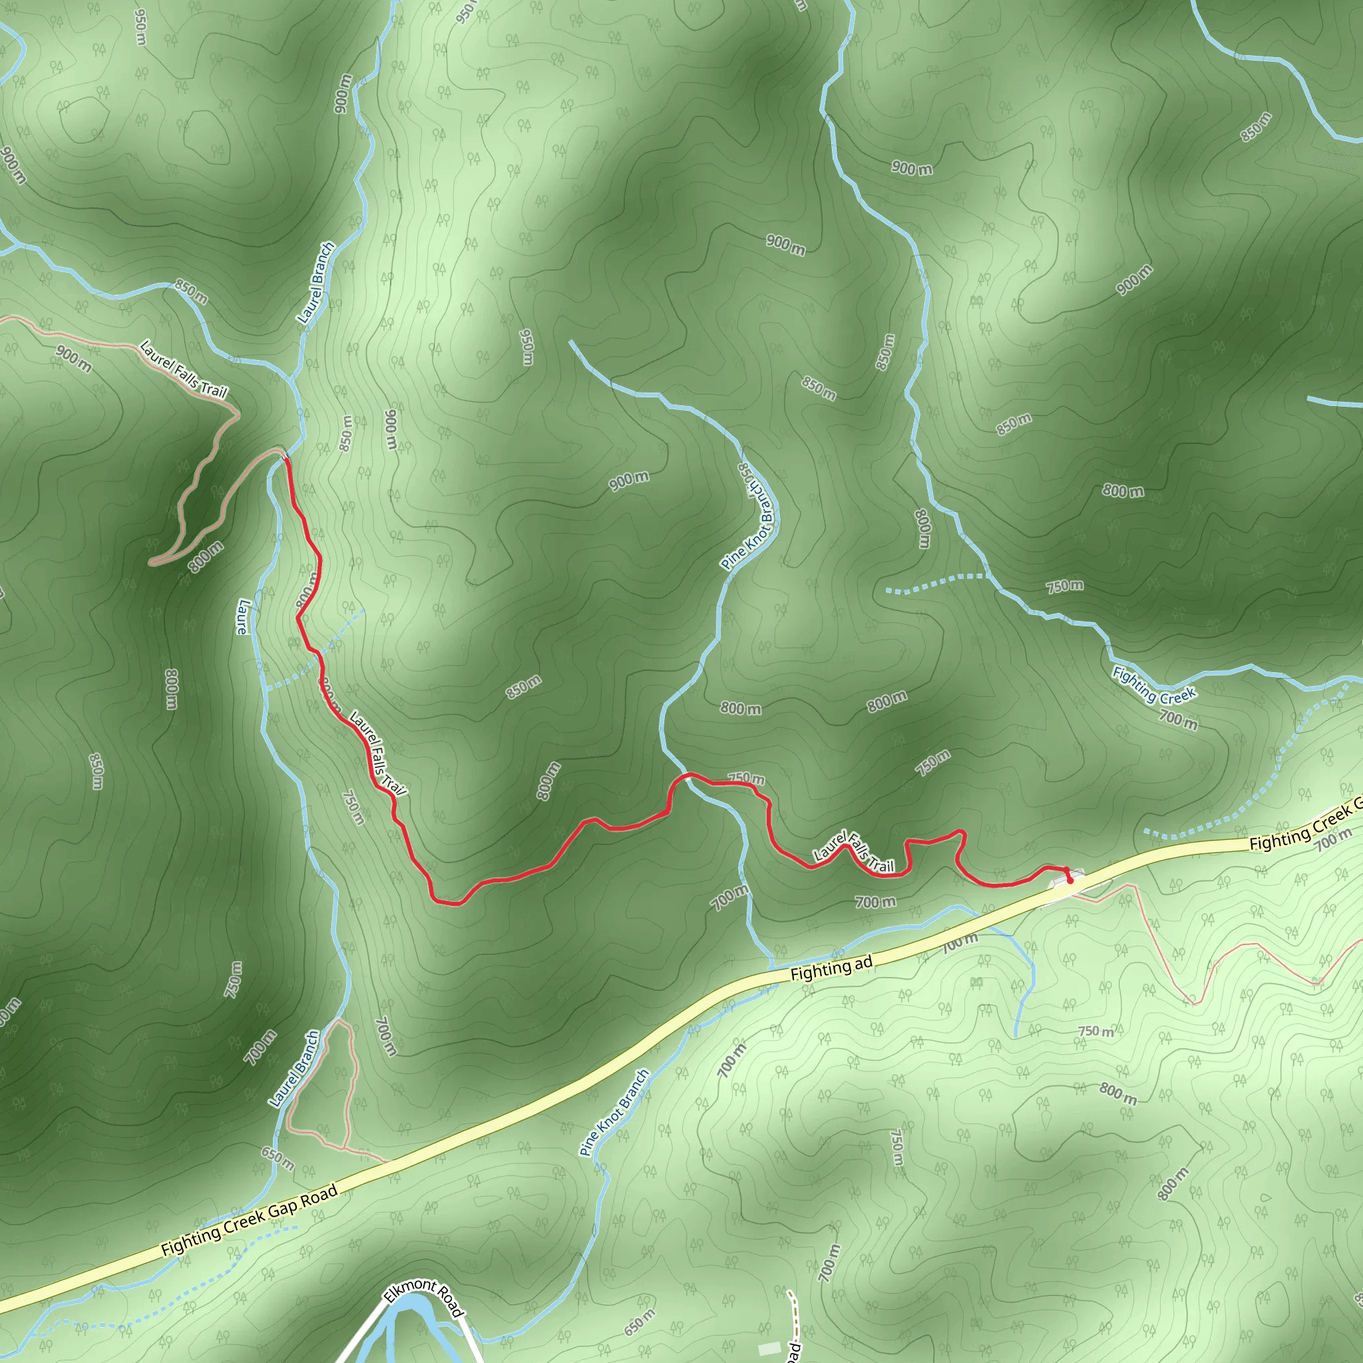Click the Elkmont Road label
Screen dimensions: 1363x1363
pyautogui.click(x=424, y=1297)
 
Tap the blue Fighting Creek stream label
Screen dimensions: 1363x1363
pyautogui.click(x=1153, y=685)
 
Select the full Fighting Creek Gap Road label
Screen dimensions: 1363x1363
pyautogui.click(x=250, y=1221)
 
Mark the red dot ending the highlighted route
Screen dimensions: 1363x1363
pyautogui.click(x=1070, y=880)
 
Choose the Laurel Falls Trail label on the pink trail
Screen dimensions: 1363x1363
pyautogui.click(x=184, y=369)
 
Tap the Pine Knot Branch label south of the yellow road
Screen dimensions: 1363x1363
pyautogui.click(x=614, y=1113)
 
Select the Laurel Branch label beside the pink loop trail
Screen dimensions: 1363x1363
pyautogui.click(x=294, y=1069)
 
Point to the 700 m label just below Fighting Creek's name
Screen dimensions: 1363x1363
pyautogui.click(x=1178, y=719)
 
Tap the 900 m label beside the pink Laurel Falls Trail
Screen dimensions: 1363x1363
pyautogui.click(x=74, y=359)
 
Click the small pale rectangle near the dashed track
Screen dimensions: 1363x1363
pyautogui.click(x=770, y=1348)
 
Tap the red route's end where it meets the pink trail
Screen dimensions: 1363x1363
pyautogui.click(x=286, y=459)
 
